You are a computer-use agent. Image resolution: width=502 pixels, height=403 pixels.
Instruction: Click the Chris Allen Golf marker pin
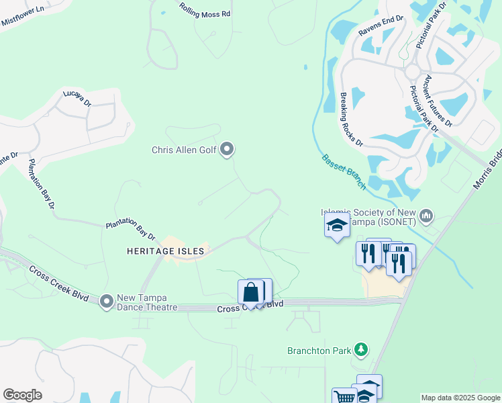pos(227,149)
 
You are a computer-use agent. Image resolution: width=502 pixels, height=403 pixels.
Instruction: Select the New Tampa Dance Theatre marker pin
pos(106,302)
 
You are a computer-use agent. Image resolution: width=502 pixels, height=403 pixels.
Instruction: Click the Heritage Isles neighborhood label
pos(165,251)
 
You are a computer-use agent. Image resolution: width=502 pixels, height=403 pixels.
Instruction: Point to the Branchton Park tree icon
pos(362,349)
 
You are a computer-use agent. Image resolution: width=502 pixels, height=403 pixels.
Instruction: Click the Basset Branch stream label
pos(344,172)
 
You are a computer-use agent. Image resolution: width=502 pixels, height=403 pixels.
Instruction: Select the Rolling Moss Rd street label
pos(205,9)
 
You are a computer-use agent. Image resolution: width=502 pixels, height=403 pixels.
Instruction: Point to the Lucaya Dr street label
pos(77,98)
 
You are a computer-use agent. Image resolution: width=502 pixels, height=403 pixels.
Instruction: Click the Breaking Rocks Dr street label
pos(350,120)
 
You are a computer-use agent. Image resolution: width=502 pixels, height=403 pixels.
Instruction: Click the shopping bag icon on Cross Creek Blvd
pos(251,293)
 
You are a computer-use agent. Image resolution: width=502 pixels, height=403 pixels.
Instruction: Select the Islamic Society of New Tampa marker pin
pos(426,216)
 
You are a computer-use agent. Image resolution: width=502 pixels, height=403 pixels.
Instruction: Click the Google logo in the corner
pos(22,395)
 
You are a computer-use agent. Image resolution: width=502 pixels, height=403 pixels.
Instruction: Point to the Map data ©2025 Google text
pos(461,398)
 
